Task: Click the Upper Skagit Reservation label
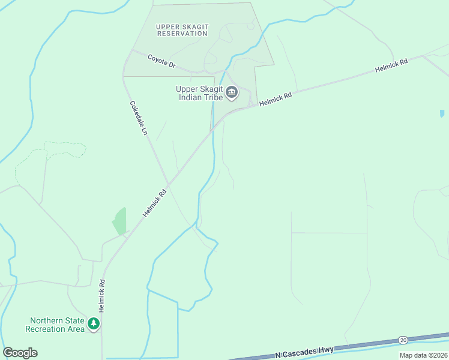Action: coord(181,30)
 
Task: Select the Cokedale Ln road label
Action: coord(138,118)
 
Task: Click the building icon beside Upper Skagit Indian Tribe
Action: coord(232,93)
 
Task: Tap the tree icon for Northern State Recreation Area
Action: coord(93,324)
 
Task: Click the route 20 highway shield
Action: coord(403,340)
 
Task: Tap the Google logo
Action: coord(20,353)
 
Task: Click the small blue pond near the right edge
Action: coord(442,113)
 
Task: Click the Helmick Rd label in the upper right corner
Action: coord(391,65)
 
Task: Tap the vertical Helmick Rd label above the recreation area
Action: coord(102,295)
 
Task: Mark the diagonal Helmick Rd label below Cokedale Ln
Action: coord(154,204)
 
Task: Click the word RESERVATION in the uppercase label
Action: coord(181,34)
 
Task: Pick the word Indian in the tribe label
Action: coord(191,98)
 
